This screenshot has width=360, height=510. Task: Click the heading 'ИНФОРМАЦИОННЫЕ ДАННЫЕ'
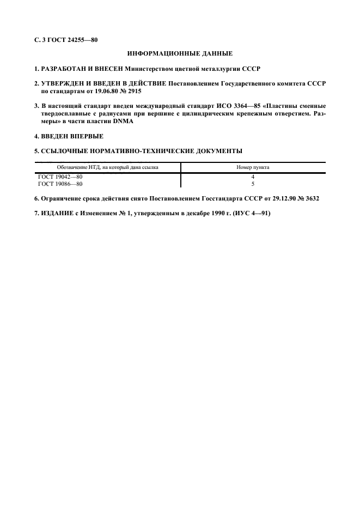click(180, 53)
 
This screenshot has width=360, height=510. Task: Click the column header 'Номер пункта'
click(253, 168)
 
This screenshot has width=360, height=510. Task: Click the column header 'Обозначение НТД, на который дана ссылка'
click(108, 168)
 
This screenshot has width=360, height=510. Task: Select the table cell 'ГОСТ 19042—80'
click(60, 177)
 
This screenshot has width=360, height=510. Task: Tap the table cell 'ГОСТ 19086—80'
click(60, 184)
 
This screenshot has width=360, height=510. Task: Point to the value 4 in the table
click(253, 177)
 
